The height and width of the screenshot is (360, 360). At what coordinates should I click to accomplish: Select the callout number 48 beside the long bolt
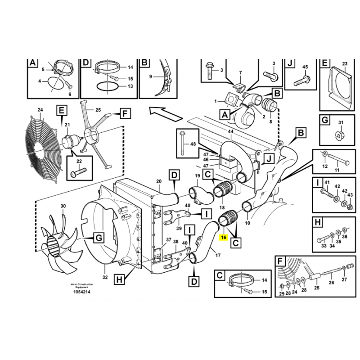tap(193, 144)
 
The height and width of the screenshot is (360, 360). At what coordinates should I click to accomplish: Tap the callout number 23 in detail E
tap(345, 64)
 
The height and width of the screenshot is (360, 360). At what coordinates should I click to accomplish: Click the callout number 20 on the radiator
tap(158, 181)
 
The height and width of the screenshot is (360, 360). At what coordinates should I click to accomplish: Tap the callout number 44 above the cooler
tap(230, 132)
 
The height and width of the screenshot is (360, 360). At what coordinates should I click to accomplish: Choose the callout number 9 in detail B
tap(151, 76)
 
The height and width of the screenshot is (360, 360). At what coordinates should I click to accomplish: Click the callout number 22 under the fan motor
tap(79, 162)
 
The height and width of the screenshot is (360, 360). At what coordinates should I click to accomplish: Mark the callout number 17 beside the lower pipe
tap(218, 256)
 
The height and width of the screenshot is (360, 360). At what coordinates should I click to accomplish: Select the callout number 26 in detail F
tap(332, 283)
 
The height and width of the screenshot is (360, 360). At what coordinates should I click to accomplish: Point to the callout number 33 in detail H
tap(323, 246)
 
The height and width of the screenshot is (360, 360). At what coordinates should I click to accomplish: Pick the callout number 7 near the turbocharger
tap(240, 72)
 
